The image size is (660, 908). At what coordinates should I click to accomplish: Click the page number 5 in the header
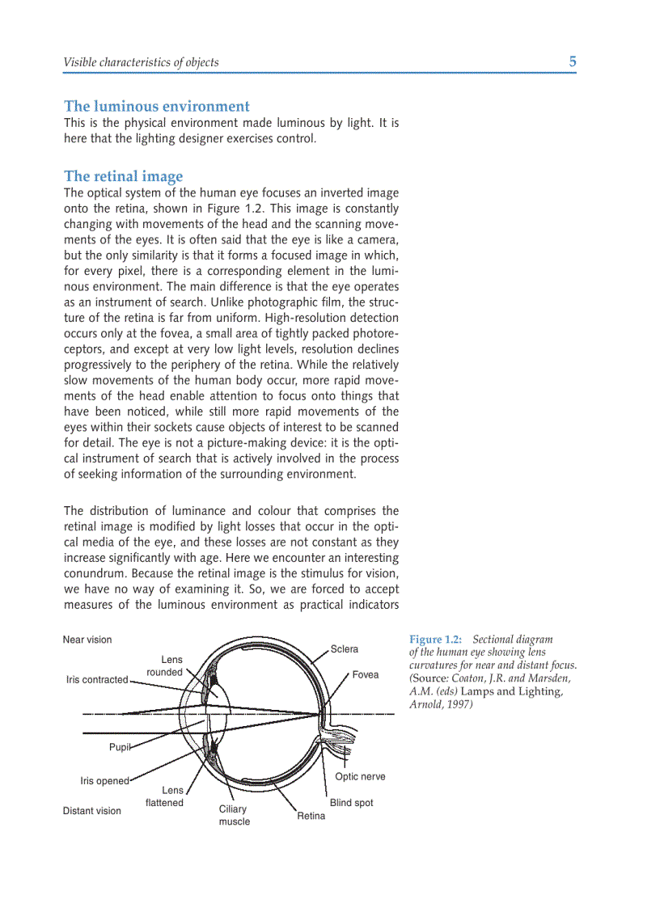coord(572,61)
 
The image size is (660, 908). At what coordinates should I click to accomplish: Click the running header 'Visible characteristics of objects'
coord(141,62)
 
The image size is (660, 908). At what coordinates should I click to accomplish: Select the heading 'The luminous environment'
coord(157,106)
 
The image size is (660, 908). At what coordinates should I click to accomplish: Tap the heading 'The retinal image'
coord(123,176)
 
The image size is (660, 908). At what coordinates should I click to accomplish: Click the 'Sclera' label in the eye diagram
coord(344,649)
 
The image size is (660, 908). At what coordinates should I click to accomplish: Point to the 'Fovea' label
coord(365,675)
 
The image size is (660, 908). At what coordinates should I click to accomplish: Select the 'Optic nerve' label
coord(360,776)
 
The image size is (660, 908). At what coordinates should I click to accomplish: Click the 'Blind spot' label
coord(351,803)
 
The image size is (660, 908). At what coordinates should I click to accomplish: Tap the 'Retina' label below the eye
coord(311,816)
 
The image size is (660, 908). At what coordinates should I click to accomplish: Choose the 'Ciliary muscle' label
coord(234,815)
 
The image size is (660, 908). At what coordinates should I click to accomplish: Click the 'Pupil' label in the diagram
coord(120,747)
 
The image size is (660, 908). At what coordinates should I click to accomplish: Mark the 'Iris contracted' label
coord(97,680)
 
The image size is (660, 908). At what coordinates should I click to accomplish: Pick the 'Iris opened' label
coord(104,781)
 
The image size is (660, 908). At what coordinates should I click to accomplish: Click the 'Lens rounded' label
coord(165,666)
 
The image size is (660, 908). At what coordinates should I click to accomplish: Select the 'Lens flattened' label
coord(165,796)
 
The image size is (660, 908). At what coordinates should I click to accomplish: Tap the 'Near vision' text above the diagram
coord(87,640)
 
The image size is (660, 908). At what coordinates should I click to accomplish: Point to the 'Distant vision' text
coord(92,811)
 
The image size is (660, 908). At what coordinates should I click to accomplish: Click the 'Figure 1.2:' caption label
coord(437,640)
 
